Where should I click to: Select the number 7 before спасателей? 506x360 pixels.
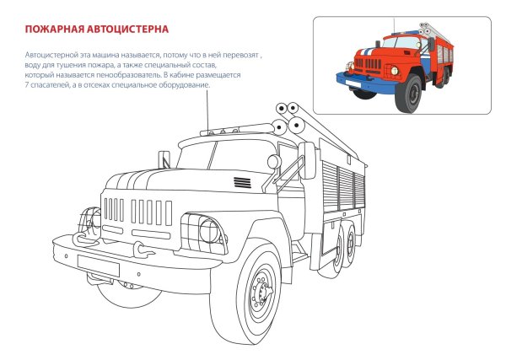click(28, 85)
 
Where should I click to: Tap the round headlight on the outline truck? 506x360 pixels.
click(207, 229)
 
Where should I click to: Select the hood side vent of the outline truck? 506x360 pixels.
click(242, 183)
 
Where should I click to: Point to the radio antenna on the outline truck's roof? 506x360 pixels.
click(207, 110)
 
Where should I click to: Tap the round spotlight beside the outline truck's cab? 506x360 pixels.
click(273, 161)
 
